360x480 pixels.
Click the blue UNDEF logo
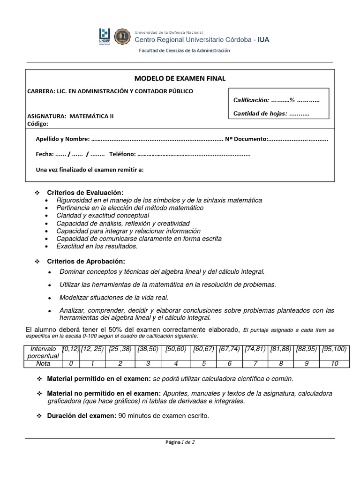(105, 37)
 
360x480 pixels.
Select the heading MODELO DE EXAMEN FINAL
(180, 78)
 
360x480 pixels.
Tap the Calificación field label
(251, 100)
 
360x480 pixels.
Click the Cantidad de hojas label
(260, 113)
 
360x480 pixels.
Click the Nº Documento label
(247, 139)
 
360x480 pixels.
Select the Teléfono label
(122, 154)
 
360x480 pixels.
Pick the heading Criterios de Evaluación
(85, 193)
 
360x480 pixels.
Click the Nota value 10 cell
(334, 363)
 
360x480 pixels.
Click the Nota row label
(43, 363)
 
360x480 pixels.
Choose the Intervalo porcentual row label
(43, 352)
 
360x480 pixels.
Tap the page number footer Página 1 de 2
(180, 442)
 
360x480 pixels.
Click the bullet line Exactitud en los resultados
(97, 246)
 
